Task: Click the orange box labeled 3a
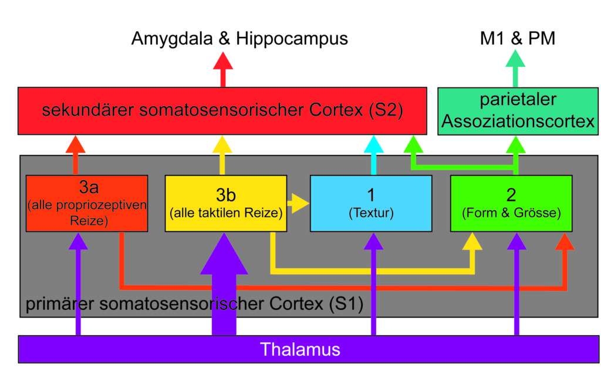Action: (x=87, y=203)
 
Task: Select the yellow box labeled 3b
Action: (x=226, y=203)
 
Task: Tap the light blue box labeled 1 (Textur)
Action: (x=371, y=203)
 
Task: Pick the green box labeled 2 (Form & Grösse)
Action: (x=511, y=203)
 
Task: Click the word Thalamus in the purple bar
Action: (x=300, y=349)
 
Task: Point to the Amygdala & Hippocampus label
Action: (x=239, y=38)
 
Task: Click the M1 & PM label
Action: (x=518, y=38)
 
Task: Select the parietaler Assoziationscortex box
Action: (x=518, y=111)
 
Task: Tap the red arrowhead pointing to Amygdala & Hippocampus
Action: (x=223, y=61)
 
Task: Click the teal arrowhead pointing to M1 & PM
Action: (x=515, y=59)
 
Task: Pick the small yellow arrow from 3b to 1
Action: (x=298, y=203)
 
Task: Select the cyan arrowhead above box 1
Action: (x=374, y=144)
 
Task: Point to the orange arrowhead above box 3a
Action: (x=76, y=144)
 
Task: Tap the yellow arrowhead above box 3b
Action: (x=222, y=144)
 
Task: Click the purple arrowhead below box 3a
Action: (x=78, y=241)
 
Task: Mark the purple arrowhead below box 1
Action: (x=374, y=241)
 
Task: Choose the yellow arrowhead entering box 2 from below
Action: (x=472, y=241)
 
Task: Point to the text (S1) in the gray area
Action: (x=346, y=304)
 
